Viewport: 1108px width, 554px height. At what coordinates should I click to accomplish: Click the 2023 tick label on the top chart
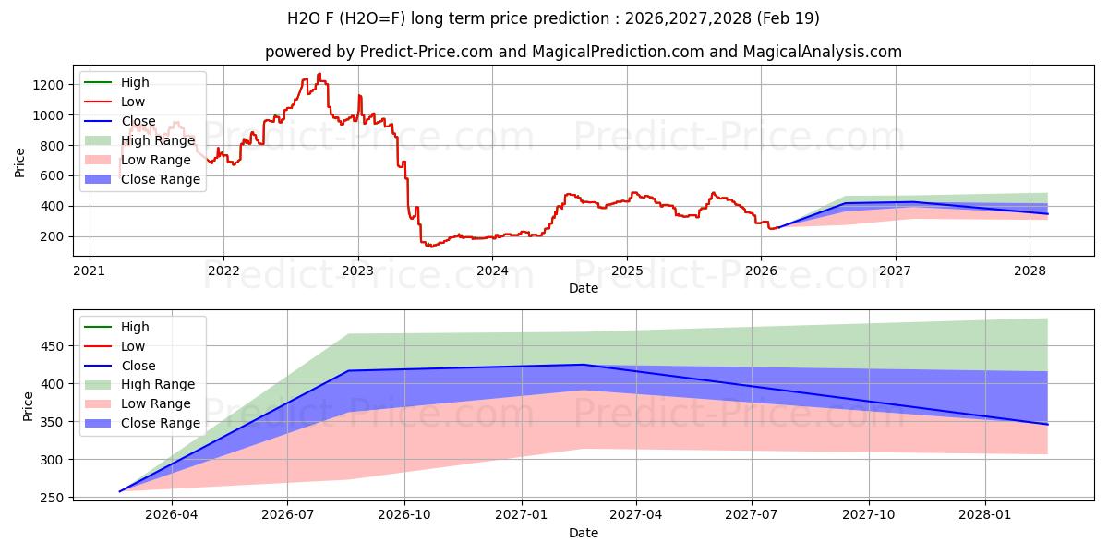357,271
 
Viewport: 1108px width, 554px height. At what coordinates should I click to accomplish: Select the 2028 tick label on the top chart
1030,271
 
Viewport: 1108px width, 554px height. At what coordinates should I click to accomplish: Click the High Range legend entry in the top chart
158,140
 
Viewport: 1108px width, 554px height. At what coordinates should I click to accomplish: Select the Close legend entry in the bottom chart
138,366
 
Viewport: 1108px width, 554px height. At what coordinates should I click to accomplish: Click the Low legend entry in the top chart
133,102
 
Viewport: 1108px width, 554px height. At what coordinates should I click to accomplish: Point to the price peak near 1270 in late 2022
319,75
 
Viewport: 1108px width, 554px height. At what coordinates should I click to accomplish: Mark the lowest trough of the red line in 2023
429,247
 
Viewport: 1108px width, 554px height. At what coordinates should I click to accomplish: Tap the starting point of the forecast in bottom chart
120,491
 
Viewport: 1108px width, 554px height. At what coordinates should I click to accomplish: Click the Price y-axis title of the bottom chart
28,406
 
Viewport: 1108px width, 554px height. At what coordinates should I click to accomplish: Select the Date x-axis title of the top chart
584,288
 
